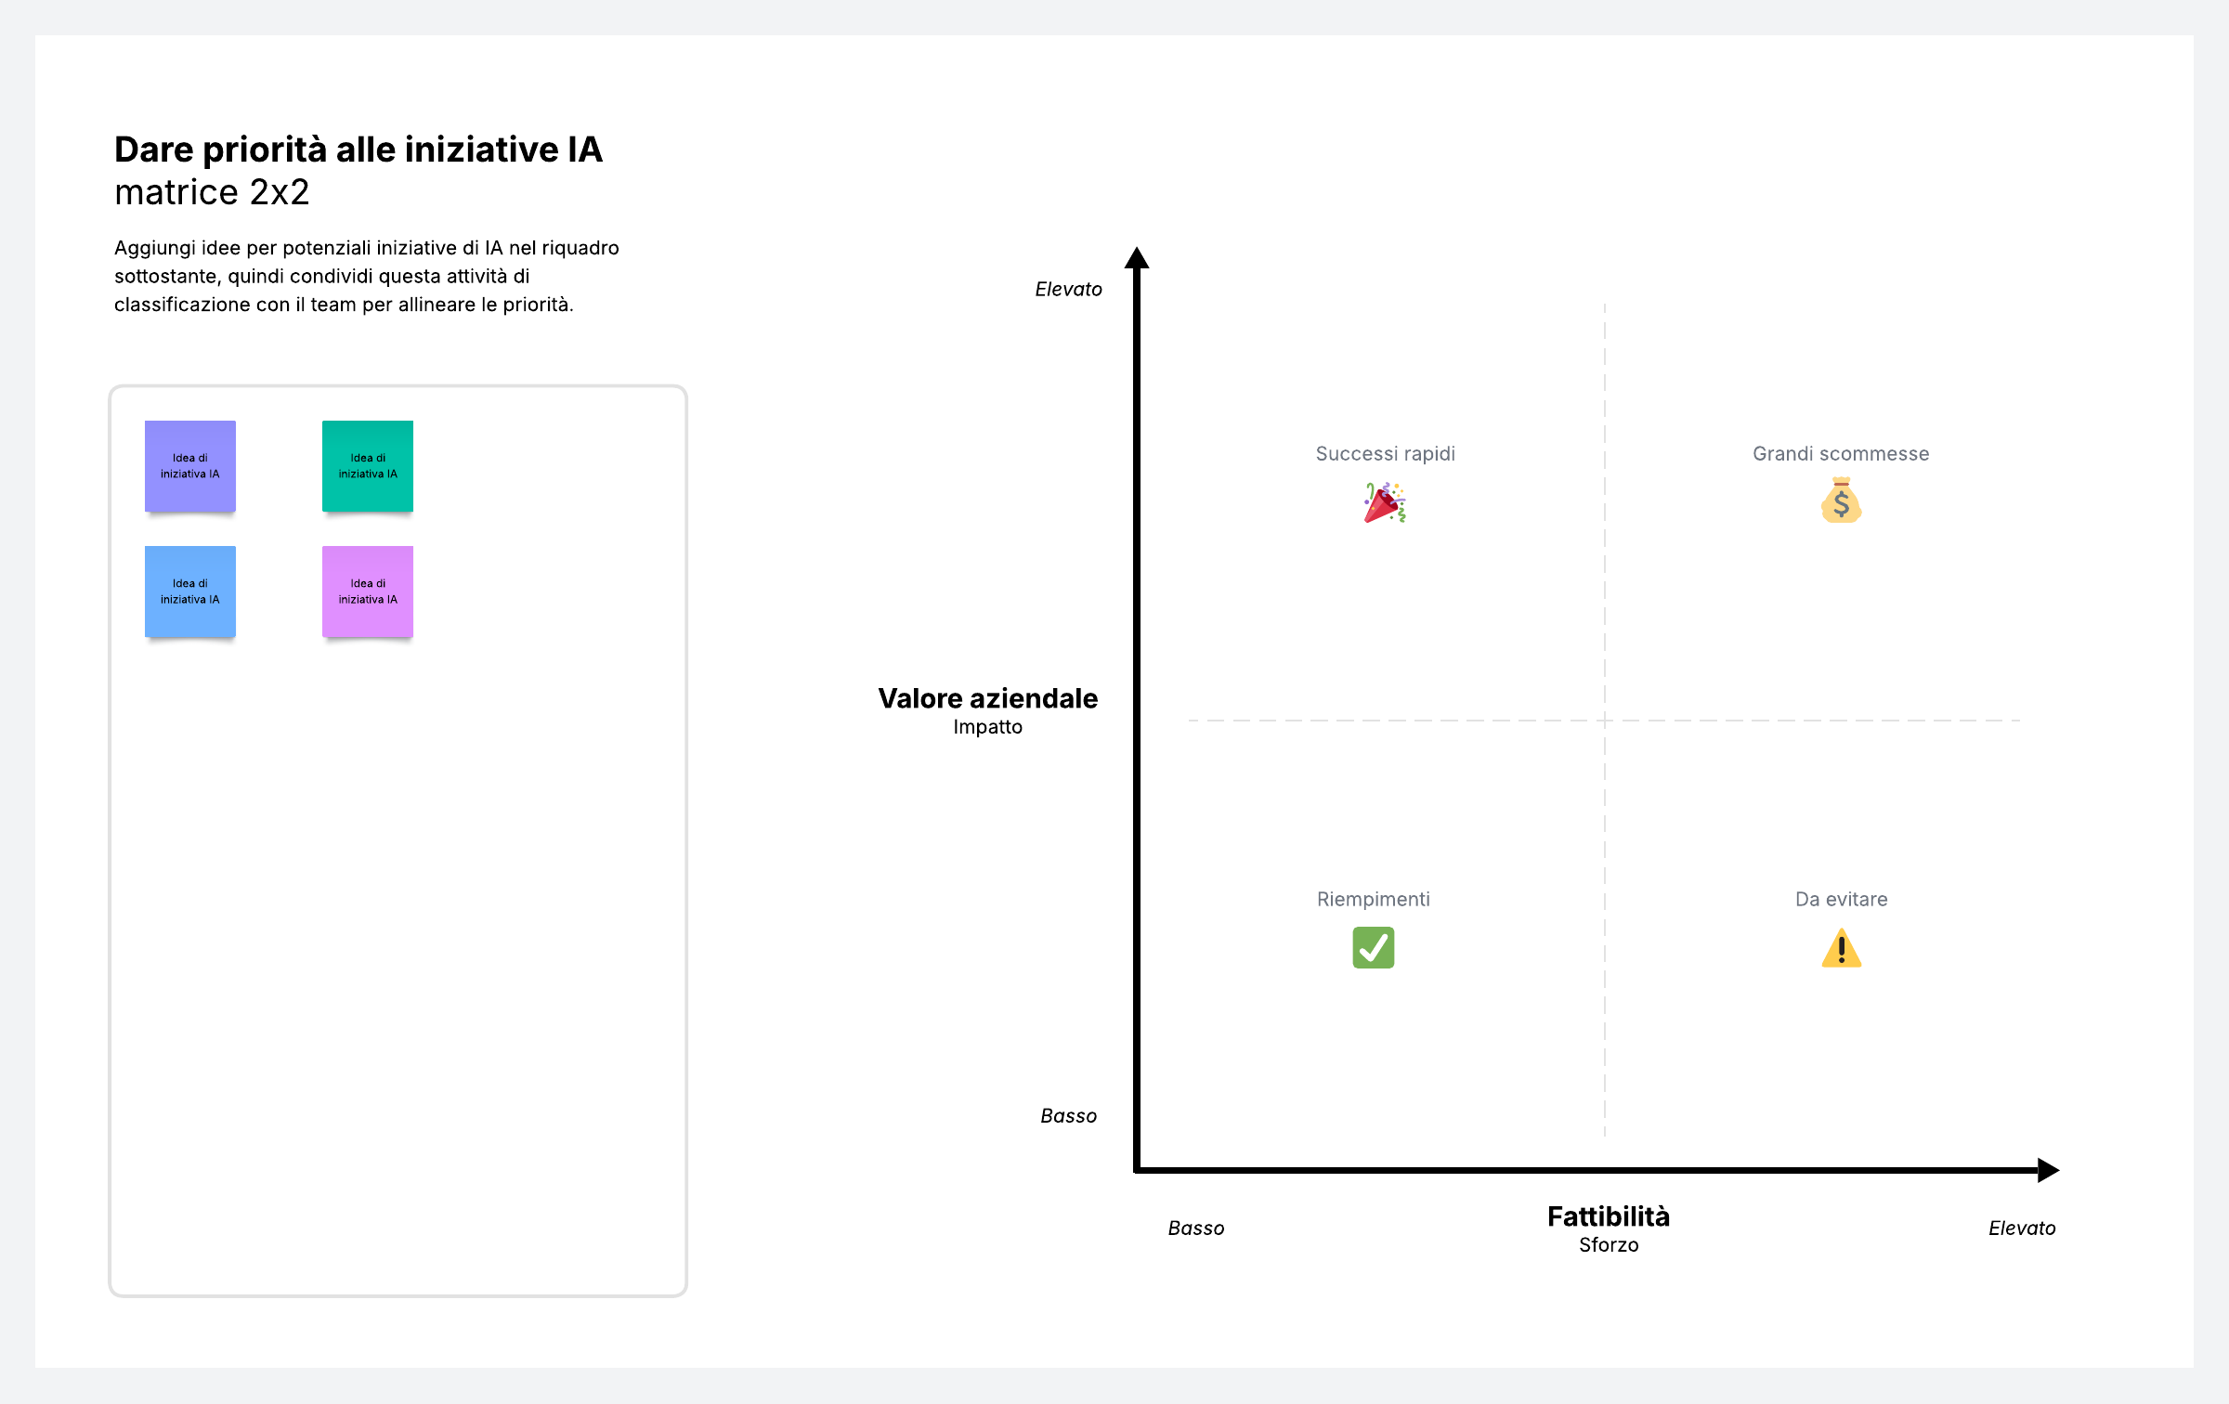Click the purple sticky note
click(x=189, y=466)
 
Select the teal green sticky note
click(x=368, y=466)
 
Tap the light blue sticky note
click(x=189, y=591)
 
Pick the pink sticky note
click(x=368, y=591)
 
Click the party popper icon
click(x=1385, y=502)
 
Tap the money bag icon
click(x=1841, y=500)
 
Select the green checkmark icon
click(x=1373, y=948)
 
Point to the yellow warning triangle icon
click(x=1841, y=949)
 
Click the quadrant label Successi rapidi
click(x=1385, y=454)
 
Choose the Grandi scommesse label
click(x=1841, y=454)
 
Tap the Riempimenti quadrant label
click(x=1373, y=899)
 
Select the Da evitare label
click(x=1841, y=899)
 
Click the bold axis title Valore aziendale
click(x=987, y=698)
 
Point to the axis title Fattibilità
click(x=1608, y=1216)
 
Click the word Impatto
click(x=987, y=727)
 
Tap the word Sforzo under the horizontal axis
click(x=1608, y=1245)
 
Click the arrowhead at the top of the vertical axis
click(x=1137, y=258)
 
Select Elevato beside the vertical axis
click(x=1068, y=290)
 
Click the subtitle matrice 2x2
click(x=212, y=192)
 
